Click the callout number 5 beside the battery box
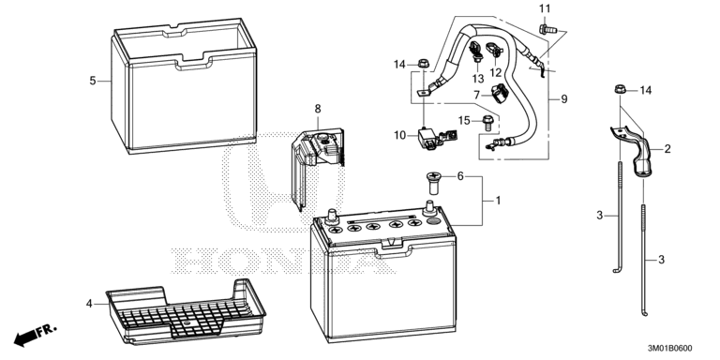pos(93,81)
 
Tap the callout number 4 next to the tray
pos(89,304)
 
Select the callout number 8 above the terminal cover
pos(318,110)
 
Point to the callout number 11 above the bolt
pos(544,8)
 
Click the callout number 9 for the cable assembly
pos(563,98)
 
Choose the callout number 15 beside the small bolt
pos(464,121)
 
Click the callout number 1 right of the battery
pos(498,201)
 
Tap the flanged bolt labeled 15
pos(487,124)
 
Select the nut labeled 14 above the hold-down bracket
pos(620,89)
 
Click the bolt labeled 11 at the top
pos(547,30)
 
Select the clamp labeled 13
pos(475,52)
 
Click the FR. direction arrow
pos(35,336)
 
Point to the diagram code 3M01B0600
pos(669,349)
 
